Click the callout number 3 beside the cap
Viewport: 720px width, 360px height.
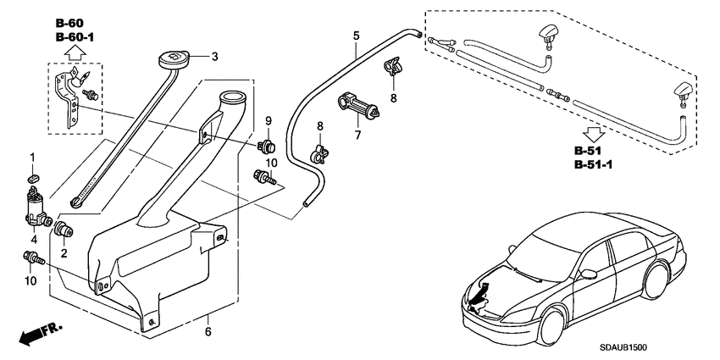click(215, 57)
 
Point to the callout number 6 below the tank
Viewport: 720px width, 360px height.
click(208, 331)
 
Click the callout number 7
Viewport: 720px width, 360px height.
click(357, 136)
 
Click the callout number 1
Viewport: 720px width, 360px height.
click(33, 157)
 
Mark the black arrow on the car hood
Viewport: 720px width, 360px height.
click(480, 295)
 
